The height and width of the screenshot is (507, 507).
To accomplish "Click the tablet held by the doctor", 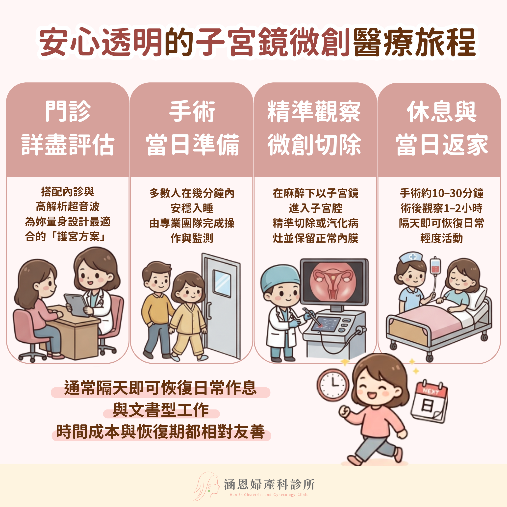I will pos(75,305).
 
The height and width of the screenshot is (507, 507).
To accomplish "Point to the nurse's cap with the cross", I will pos(411,257).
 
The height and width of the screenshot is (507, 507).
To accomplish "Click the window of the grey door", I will pos(222,284).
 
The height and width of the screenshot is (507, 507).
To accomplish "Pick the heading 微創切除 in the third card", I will pos(314,144).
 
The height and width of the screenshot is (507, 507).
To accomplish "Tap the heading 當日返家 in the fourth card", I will pos(442,144).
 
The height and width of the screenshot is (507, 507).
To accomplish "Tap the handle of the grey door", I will pos(209,311).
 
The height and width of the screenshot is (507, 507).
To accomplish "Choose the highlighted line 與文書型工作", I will pos(161,410).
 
